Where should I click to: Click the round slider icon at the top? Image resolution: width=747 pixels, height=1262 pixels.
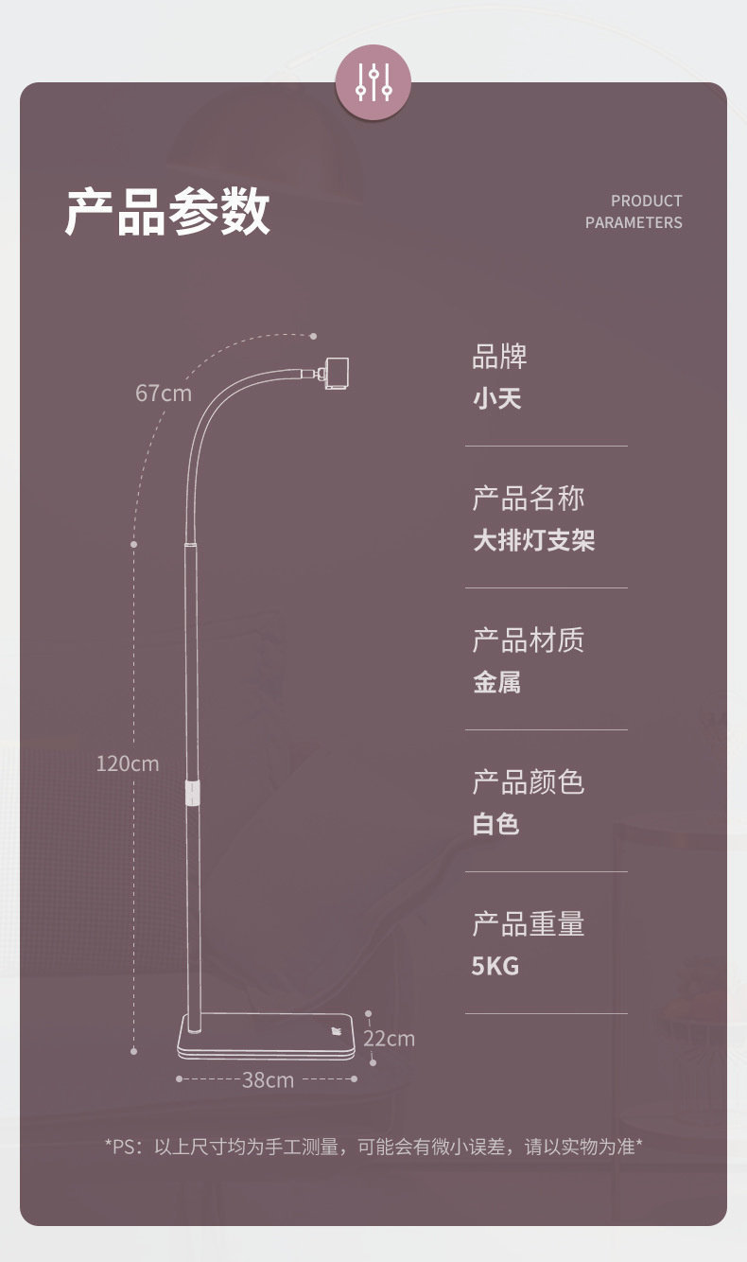tap(373, 82)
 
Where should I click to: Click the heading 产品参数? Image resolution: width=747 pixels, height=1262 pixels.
tap(167, 211)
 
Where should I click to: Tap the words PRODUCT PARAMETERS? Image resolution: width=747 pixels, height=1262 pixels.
tap(634, 212)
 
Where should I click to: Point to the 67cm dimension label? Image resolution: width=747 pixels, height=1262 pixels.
tap(163, 393)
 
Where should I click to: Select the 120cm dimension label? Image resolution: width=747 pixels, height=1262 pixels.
tap(128, 762)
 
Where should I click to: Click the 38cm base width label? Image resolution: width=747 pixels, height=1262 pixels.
tap(268, 1079)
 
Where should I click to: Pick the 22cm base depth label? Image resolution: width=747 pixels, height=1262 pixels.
tap(390, 1039)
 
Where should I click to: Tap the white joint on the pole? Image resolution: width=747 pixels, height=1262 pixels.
tap(194, 793)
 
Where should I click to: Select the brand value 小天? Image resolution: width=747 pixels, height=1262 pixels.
tap(497, 398)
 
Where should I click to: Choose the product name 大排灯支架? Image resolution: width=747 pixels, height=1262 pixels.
tap(533, 540)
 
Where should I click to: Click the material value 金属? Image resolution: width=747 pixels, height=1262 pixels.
tap(497, 682)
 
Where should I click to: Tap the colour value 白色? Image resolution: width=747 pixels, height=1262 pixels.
tap(496, 824)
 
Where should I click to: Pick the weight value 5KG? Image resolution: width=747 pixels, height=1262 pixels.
tap(495, 966)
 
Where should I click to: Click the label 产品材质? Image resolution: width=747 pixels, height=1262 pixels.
tap(529, 640)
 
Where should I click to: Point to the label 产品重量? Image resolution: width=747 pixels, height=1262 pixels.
tap(529, 924)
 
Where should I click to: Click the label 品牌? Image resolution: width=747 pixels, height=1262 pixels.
tap(500, 357)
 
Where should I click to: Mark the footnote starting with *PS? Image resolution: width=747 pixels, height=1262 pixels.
tap(373, 1147)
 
